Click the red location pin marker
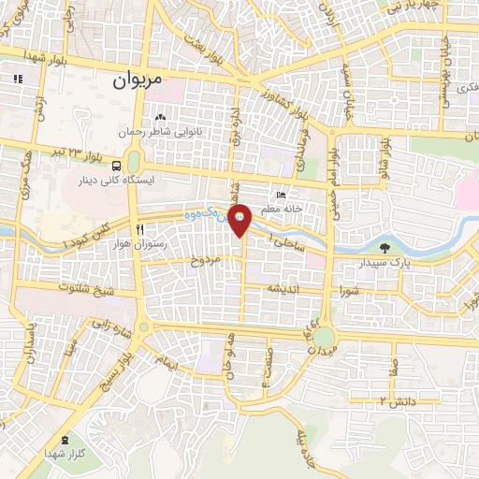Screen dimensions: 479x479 [240, 218]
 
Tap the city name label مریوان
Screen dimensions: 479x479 [138, 81]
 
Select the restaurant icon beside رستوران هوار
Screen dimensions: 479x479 [139, 228]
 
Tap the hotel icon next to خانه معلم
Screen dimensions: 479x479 [271, 194]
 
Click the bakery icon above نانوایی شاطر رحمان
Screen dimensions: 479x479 [161, 118]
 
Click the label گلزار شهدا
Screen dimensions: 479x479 [65, 454]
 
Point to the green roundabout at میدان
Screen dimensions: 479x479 [323, 337]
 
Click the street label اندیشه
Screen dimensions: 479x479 [283, 289]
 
